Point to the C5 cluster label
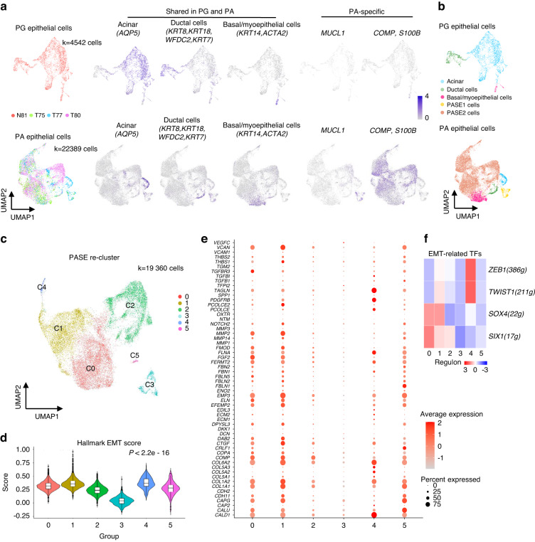tap(134, 354)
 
